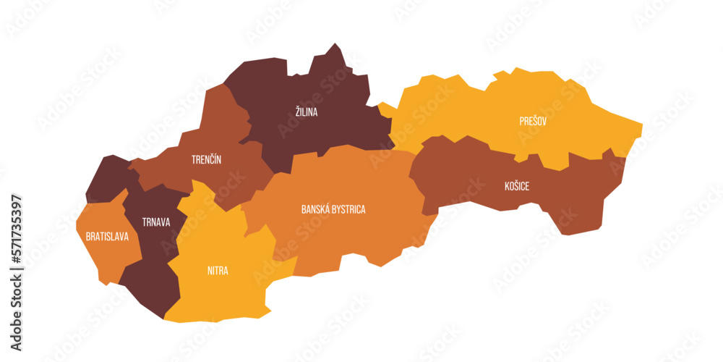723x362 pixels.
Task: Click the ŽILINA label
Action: point(306,112)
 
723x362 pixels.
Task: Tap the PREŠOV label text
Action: point(532,122)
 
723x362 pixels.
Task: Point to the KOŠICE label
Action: point(516,187)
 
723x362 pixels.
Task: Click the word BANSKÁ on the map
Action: point(316,210)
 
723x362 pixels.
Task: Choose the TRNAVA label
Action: point(156,222)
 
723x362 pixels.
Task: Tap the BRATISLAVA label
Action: point(107,237)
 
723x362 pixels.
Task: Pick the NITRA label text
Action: point(218,271)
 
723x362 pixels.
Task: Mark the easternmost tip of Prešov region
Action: point(641,127)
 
